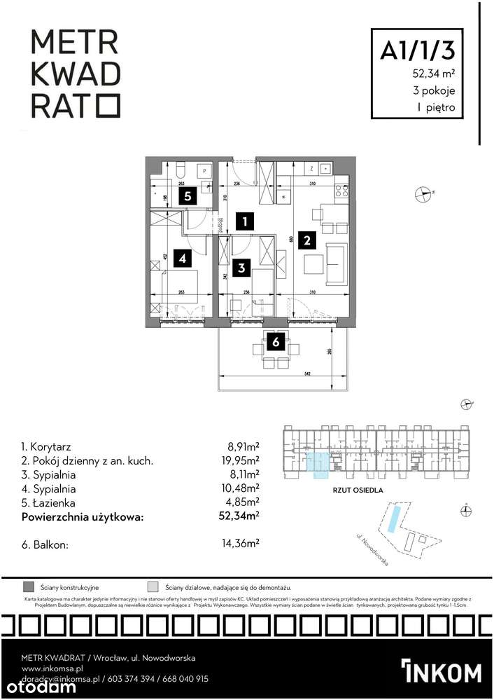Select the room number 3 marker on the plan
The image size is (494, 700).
point(241,267)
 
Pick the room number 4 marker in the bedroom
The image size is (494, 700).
point(182,259)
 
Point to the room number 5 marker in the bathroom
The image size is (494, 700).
point(188,196)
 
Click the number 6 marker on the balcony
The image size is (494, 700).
point(276,342)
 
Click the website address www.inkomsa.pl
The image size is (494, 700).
point(52,668)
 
